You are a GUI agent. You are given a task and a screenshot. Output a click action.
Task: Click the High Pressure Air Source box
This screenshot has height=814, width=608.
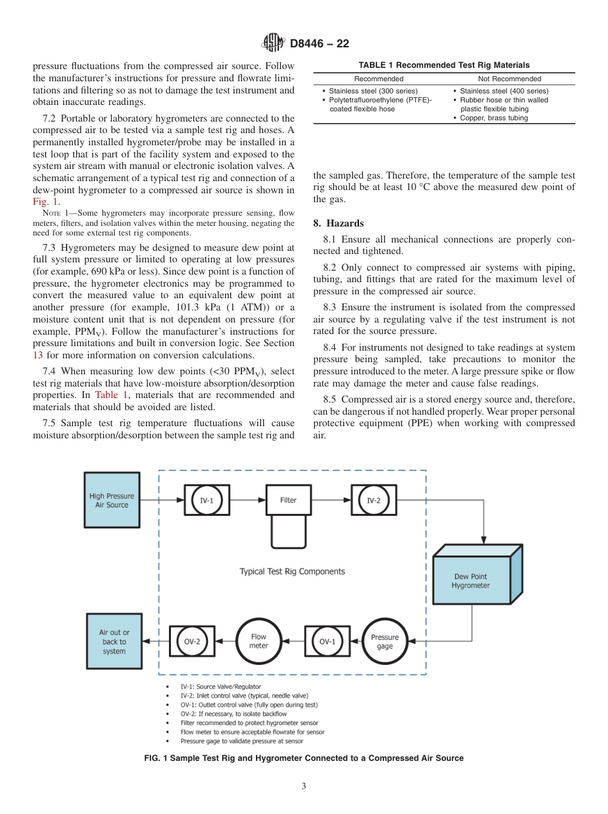click(111, 500)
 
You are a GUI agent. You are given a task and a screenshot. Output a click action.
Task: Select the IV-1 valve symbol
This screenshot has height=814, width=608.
click(207, 500)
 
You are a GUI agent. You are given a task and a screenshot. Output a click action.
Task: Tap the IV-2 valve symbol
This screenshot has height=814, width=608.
click(373, 500)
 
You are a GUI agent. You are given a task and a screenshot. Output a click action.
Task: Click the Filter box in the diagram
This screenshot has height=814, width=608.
click(288, 500)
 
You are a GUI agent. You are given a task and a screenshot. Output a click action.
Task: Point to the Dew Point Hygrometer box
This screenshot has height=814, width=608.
click(471, 580)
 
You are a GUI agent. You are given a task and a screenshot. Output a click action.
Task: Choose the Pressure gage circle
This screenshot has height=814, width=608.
click(385, 641)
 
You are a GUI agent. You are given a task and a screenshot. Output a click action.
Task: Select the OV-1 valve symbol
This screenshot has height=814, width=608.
click(327, 641)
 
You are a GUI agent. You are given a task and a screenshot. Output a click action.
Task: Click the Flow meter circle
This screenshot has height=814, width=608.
click(259, 641)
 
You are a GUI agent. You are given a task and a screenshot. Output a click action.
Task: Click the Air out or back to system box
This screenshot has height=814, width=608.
click(114, 641)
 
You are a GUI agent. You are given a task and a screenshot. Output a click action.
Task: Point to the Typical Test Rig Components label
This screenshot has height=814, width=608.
click(292, 571)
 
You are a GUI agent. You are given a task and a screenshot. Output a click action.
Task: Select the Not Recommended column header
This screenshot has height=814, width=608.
click(509, 79)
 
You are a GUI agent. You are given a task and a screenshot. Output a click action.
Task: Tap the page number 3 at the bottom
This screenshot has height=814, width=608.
click(303, 786)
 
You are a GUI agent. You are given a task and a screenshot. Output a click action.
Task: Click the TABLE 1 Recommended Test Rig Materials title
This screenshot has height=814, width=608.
click(444, 65)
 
